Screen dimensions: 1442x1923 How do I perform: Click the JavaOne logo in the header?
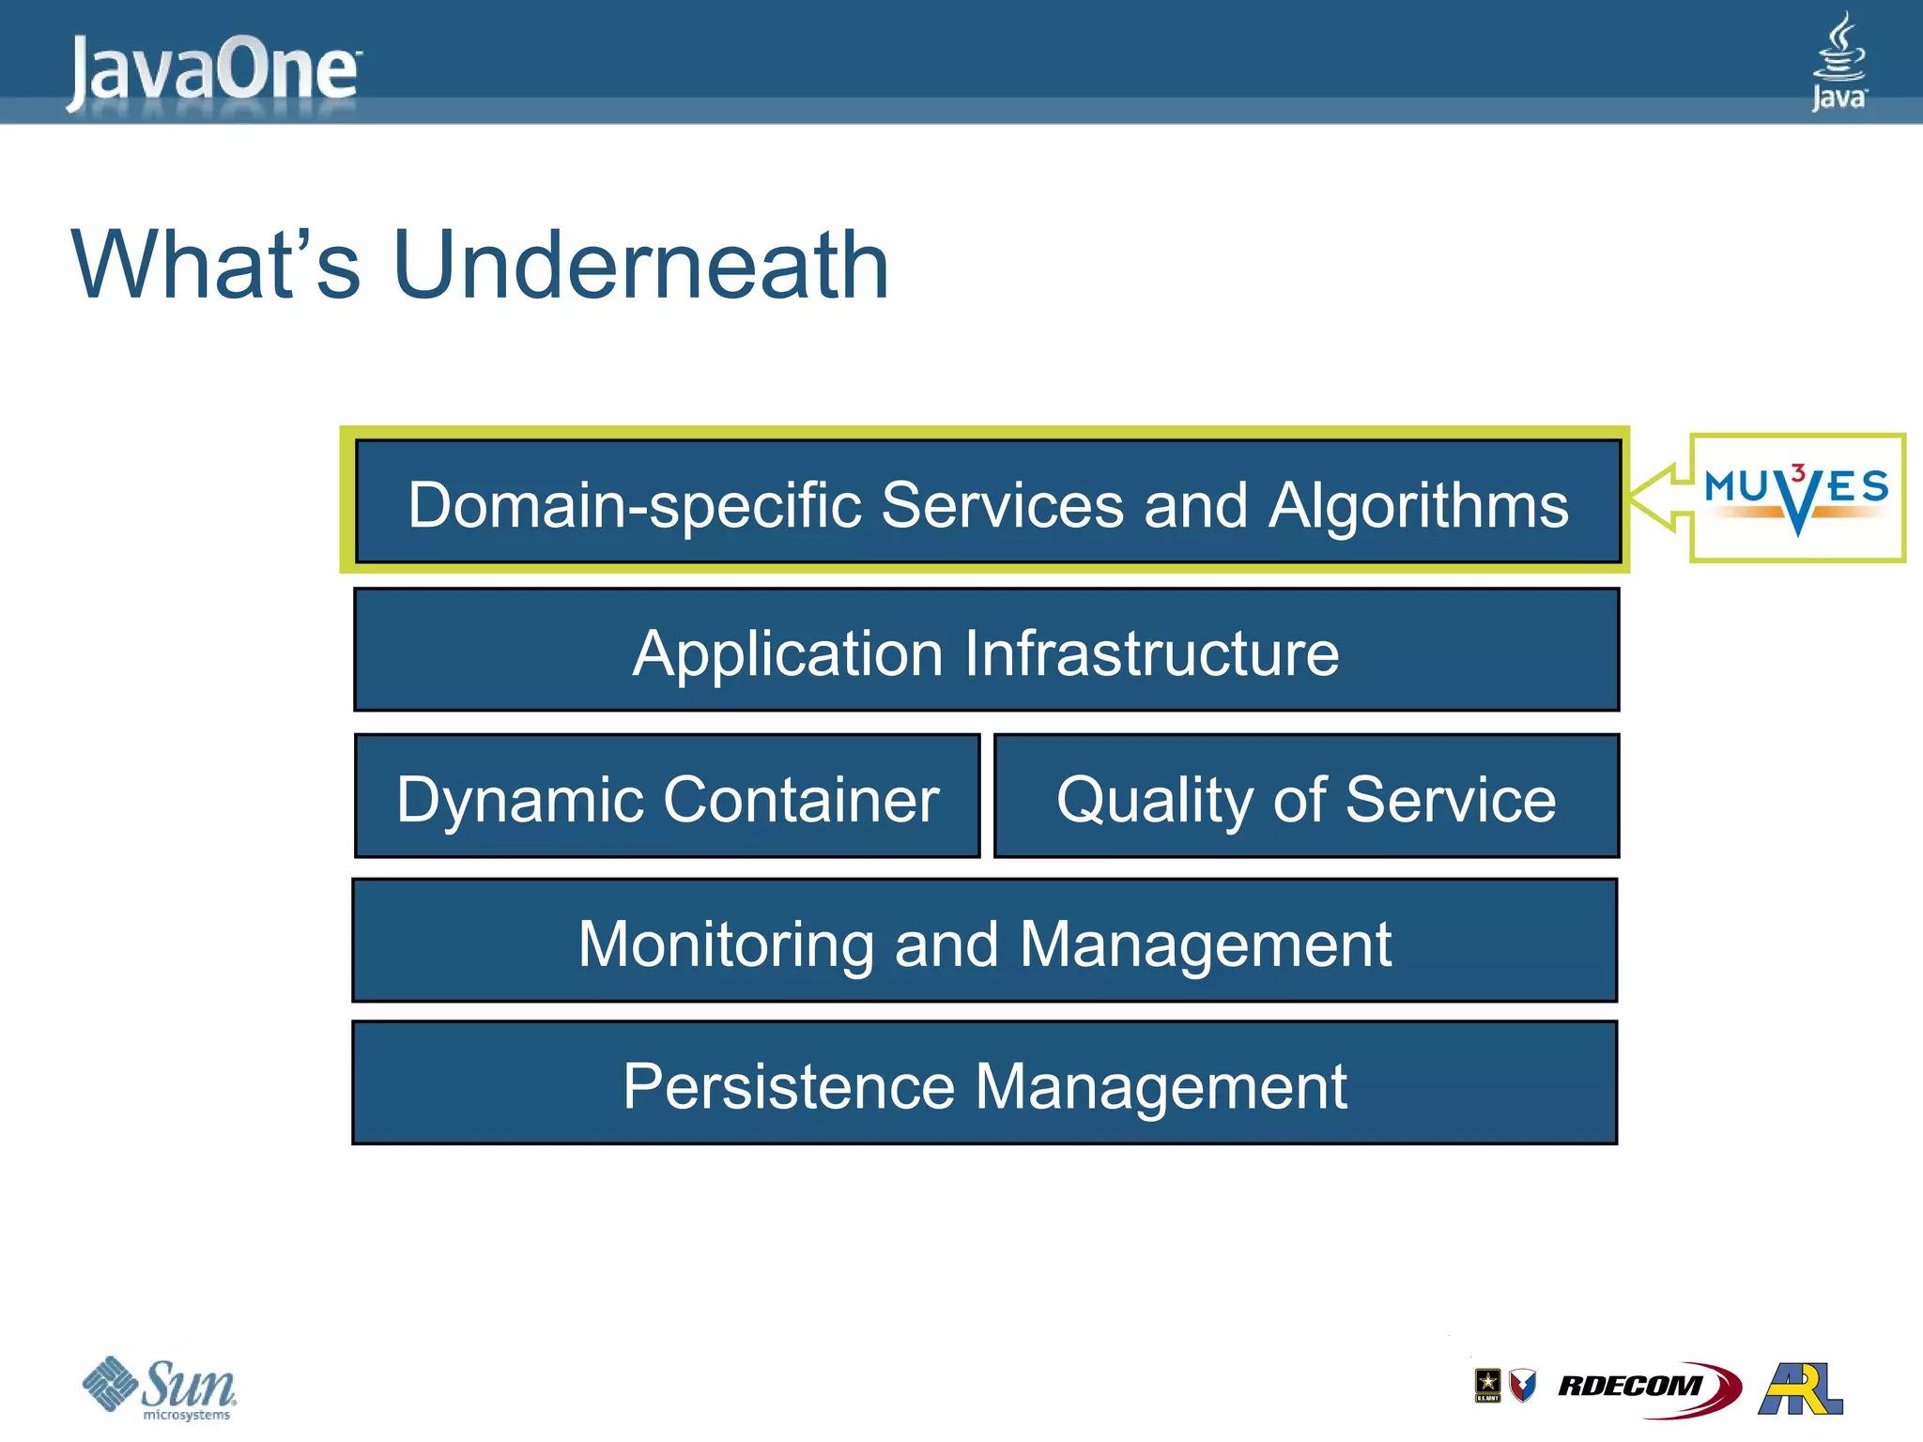point(213,70)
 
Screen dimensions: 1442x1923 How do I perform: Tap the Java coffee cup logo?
point(1838,61)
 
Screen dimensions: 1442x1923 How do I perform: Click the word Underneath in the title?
point(640,267)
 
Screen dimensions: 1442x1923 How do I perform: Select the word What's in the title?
point(216,267)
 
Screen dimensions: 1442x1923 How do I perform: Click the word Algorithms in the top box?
point(1418,506)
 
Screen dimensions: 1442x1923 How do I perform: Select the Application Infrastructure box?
point(986,651)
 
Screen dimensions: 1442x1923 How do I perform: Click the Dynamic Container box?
point(668,797)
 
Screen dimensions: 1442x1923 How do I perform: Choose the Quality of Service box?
point(1306,797)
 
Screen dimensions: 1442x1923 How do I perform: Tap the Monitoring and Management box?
point(984,942)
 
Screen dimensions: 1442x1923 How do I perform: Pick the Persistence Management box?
point(984,1084)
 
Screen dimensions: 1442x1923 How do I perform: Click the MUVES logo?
point(1796,498)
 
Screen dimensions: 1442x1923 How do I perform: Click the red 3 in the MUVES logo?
point(1797,473)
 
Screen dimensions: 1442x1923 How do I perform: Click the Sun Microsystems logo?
point(160,1388)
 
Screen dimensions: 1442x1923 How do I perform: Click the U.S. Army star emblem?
point(1487,1384)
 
